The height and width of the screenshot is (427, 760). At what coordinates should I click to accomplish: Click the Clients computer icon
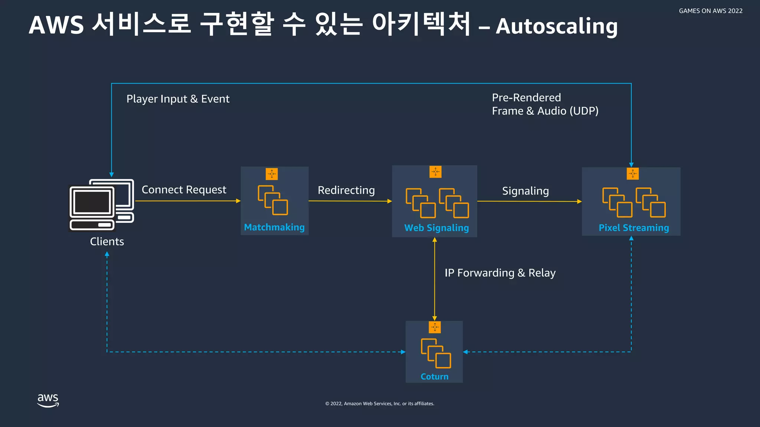(x=102, y=205)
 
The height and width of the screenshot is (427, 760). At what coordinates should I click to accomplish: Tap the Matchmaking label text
(x=274, y=227)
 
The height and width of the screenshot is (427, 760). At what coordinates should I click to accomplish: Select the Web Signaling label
(x=436, y=228)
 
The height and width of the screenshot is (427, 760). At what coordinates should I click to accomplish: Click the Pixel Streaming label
(x=633, y=228)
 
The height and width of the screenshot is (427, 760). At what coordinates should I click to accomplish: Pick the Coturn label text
(x=434, y=377)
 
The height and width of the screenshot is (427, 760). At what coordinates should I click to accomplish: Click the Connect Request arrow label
(x=184, y=190)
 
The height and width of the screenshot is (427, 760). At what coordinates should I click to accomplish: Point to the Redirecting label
(x=346, y=190)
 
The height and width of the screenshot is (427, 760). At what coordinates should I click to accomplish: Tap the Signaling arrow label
(x=525, y=191)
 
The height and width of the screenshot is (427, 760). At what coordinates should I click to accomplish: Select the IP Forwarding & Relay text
(x=500, y=273)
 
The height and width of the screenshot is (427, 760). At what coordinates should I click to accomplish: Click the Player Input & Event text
(x=178, y=99)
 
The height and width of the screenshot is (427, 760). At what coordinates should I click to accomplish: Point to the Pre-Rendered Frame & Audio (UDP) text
(x=545, y=104)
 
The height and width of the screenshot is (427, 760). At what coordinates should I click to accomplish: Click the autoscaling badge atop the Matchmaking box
(x=272, y=174)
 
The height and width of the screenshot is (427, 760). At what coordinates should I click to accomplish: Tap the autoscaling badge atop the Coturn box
(x=435, y=327)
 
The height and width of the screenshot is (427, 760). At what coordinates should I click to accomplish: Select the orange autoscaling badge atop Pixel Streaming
(x=632, y=173)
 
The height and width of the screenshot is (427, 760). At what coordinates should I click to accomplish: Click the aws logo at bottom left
(x=48, y=400)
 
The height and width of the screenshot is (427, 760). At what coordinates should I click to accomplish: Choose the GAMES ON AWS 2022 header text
(x=710, y=11)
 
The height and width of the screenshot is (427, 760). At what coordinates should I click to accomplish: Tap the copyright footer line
(x=380, y=404)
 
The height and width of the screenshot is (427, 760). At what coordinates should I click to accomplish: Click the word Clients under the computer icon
(x=107, y=242)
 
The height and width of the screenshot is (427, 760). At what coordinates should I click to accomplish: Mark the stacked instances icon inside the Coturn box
(x=436, y=353)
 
